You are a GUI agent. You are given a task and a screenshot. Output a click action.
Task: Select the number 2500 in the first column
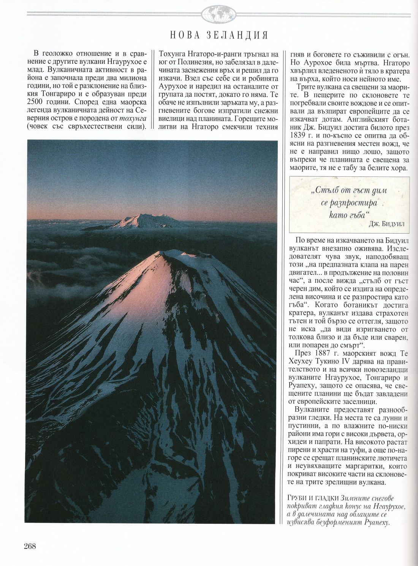pos(36,102)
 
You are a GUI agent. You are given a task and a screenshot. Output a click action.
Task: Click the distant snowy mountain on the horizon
pos(141,220)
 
